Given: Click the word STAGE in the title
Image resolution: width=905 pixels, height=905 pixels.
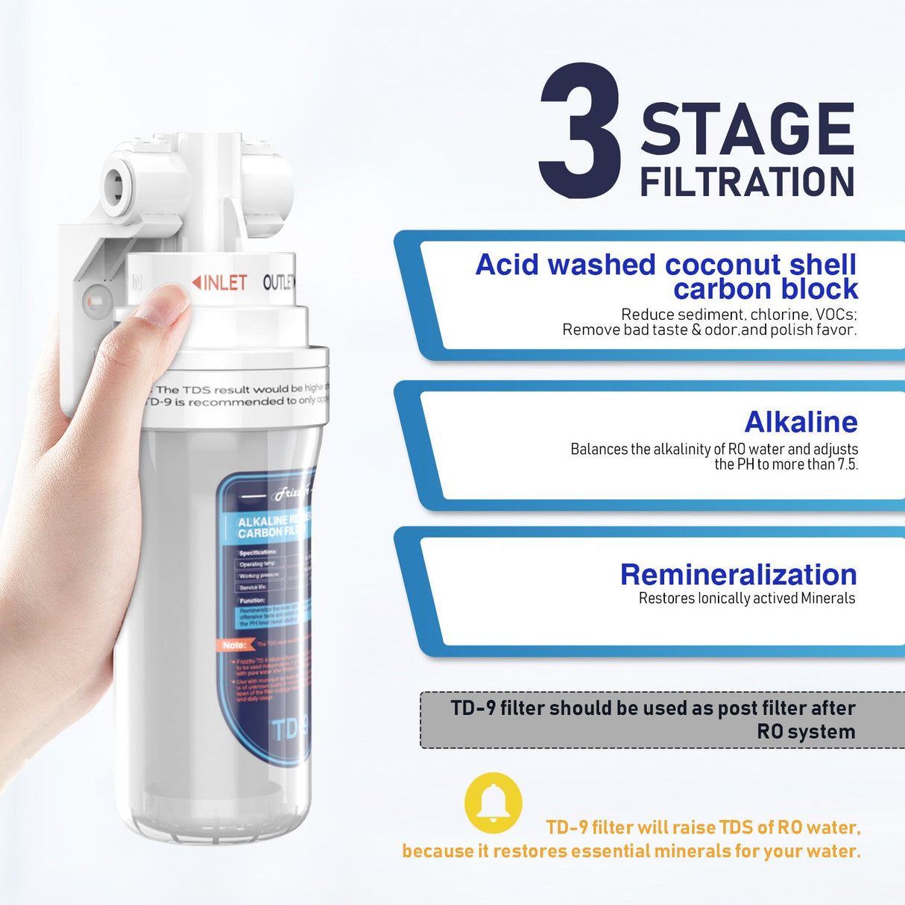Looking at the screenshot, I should (x=747, y=130).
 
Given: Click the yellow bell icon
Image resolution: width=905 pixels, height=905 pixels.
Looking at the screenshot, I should (x=493, y=803).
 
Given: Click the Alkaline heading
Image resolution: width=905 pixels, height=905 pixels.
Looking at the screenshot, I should (x=801, y=422).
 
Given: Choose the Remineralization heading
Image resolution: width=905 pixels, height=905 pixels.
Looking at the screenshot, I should (x=738, y=575).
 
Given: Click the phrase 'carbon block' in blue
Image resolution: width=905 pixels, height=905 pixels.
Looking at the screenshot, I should (x=766, y=289).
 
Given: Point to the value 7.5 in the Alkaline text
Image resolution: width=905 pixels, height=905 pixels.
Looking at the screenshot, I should (x=847, y=464).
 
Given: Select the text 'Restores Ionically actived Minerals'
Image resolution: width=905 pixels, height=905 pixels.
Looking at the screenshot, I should (x=746, y=598).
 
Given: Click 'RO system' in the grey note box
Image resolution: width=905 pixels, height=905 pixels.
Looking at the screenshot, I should (x=806, y=731).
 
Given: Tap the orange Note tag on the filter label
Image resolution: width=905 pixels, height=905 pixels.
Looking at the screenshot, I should (x=236, y=645).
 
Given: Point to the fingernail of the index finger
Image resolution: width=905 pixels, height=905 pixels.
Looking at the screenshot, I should (x=170, y=305).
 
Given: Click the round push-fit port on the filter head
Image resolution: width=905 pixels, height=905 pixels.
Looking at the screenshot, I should (x=117, y=183).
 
